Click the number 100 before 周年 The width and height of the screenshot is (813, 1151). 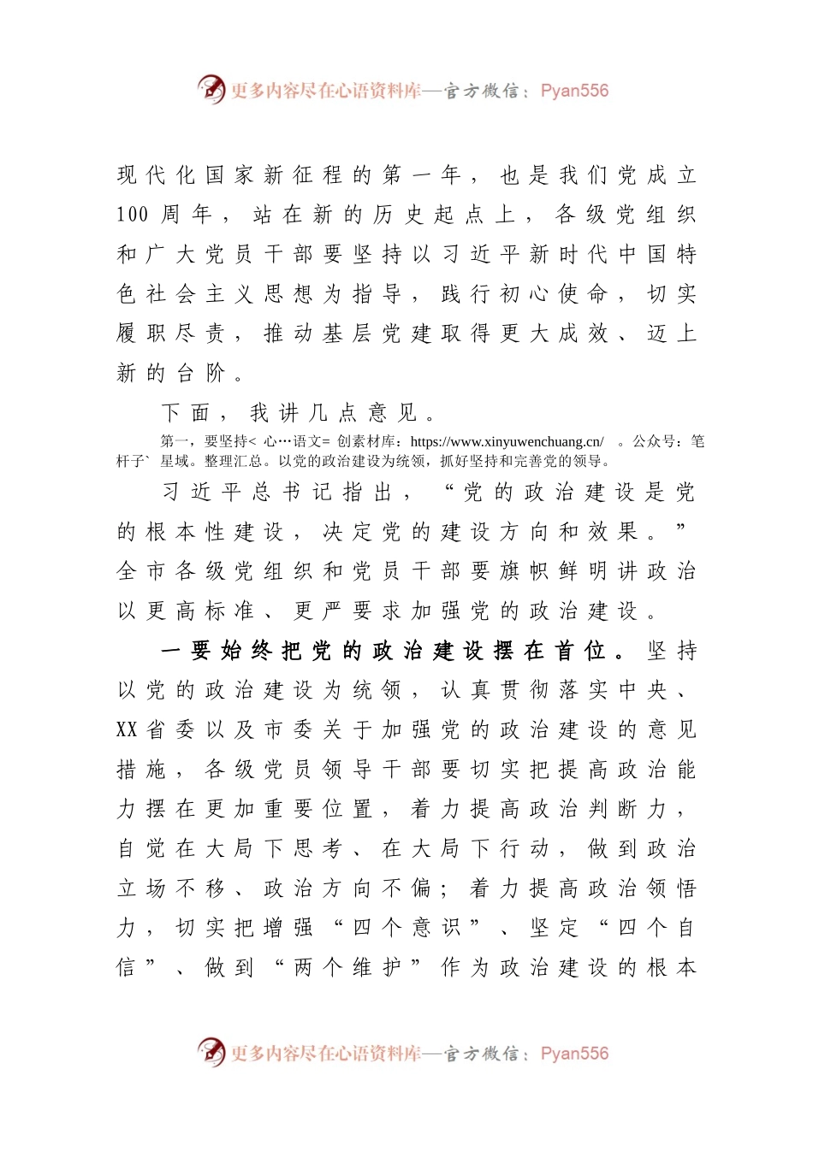coord(133,215)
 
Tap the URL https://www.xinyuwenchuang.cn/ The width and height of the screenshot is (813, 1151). coord(507,442)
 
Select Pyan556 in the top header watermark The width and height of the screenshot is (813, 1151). coord(574,91)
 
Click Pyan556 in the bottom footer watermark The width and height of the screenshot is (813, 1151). coord(574,1054)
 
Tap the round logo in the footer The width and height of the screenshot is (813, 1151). coord(211,1052)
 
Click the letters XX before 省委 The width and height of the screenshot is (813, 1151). coord(127,730)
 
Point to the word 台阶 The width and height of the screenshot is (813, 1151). coord(200,374)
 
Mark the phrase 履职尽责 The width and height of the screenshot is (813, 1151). coord(171,334)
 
